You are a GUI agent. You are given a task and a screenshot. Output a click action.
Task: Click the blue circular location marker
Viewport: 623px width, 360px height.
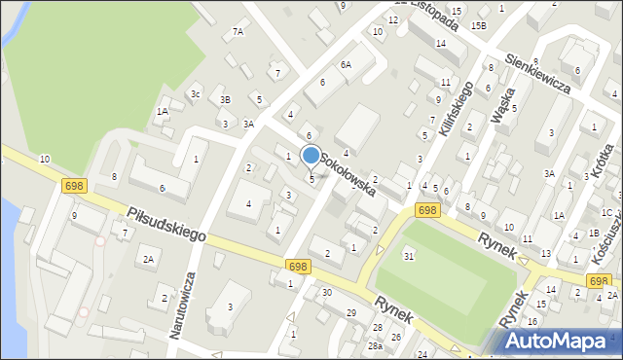coord(311,156)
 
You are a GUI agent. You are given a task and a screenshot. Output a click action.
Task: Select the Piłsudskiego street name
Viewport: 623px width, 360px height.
coord(165,223)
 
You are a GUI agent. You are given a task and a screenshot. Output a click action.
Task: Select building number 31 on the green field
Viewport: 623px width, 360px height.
coord(409,255)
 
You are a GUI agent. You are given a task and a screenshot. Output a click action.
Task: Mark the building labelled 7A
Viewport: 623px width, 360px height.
coord(238,32)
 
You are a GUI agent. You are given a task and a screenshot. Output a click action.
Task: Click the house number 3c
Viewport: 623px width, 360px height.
coord(196,94)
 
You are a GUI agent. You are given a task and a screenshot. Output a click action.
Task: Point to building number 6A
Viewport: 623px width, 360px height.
coord(346,64)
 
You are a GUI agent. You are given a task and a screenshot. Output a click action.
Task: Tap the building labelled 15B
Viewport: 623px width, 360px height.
coord(479,25)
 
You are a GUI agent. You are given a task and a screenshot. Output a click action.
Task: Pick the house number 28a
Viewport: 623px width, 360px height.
coord(375,346)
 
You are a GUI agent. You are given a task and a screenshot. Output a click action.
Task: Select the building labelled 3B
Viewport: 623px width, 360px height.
coord(225,99)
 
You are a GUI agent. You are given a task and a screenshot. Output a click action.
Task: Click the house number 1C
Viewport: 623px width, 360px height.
coord(605,212)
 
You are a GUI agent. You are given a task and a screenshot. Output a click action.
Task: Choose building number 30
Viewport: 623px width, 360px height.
coord(327,292)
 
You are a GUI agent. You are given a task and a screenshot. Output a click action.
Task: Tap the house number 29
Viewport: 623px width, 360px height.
coord(350,311)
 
